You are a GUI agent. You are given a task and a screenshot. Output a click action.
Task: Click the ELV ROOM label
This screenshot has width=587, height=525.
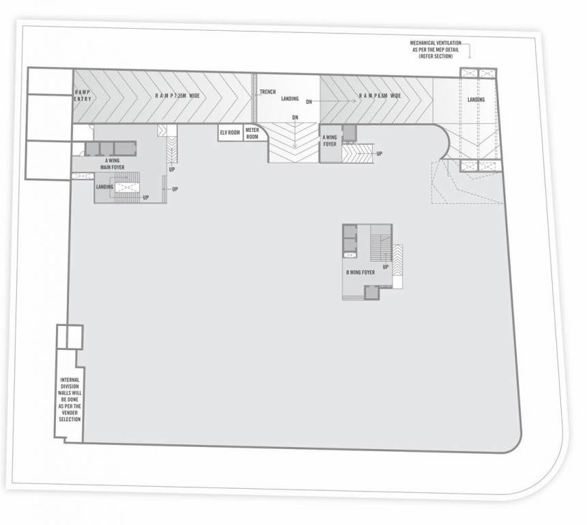tap(229, 133)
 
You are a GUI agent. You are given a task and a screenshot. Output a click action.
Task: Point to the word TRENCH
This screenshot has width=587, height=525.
tap(267, 92)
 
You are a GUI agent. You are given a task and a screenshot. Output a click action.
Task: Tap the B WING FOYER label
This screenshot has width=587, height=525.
tap(360, 273)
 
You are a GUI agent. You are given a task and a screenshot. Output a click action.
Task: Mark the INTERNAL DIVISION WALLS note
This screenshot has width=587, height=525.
tap(69, 399)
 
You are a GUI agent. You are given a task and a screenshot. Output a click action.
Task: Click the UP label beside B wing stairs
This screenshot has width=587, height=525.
tap(386, 267)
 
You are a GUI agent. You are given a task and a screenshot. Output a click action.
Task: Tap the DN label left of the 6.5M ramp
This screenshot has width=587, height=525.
tap(309, 102)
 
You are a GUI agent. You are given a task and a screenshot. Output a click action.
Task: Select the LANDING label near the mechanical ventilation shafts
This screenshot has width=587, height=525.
tap(476, 100)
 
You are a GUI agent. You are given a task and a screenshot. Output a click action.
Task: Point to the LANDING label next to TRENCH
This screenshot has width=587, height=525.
tap(289, 98)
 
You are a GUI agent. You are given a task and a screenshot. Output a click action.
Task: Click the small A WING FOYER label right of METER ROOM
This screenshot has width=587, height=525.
tap(330, 141)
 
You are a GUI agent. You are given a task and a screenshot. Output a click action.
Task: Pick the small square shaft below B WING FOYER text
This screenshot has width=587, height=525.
tap(371, 293)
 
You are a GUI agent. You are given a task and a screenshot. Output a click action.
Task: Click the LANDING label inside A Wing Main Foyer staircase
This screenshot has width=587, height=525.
tap(104, 187)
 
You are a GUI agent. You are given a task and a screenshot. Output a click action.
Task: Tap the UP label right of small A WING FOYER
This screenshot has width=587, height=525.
tap(379, 153)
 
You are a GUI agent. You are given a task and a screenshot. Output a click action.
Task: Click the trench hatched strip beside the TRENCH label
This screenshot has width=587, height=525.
tap(255, 105)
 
